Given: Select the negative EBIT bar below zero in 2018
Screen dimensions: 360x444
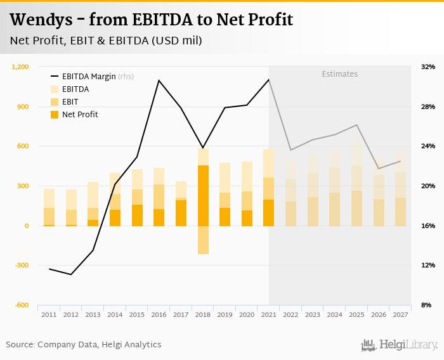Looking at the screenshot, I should (x=203, y=240).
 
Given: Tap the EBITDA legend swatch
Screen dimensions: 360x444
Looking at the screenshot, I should (x=55, y=89).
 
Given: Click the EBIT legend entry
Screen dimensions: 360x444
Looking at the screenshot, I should (x=70, y=102).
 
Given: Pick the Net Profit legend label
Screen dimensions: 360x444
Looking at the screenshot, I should (x=80, y=115).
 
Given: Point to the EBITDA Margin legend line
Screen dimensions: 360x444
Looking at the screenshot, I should (x=55, y=77).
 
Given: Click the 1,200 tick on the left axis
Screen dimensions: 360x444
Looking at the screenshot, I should (x=21, y=67).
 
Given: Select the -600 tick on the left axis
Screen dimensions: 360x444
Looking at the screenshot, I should (x=22, y=305).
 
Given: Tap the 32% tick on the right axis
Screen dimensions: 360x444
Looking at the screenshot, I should (x=428, y=67).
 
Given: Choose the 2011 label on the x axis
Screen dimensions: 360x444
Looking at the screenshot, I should (x=49, y=314).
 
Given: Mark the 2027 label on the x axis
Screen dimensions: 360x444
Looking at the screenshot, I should (x=400, y=314).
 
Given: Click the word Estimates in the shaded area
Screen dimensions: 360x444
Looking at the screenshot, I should (x=339, y=74).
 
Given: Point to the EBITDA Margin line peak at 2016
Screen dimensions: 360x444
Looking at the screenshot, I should (x=159, y=80).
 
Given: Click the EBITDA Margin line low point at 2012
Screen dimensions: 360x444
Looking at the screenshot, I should (x=71, y=274).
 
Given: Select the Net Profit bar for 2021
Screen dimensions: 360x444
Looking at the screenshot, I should (x=269, y=213).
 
